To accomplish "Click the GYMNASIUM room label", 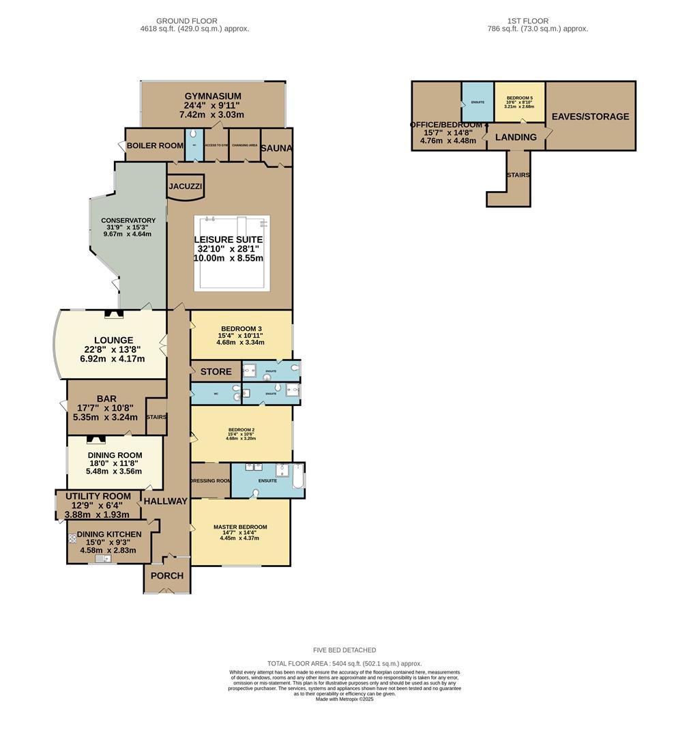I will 212,96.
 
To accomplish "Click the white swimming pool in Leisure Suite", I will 231,252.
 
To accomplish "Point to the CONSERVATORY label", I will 128,220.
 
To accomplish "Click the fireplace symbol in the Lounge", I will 114,315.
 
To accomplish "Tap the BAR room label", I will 106,399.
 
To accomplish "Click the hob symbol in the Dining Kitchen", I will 73,538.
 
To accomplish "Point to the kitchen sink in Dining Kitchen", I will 103,559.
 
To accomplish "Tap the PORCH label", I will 167,575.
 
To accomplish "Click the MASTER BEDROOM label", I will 240,527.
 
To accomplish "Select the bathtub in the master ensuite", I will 297,476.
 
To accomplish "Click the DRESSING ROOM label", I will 210,480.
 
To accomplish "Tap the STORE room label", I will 216,372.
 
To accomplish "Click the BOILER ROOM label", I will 154,145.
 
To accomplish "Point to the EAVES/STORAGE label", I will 590,117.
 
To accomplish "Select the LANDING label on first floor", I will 516,137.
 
